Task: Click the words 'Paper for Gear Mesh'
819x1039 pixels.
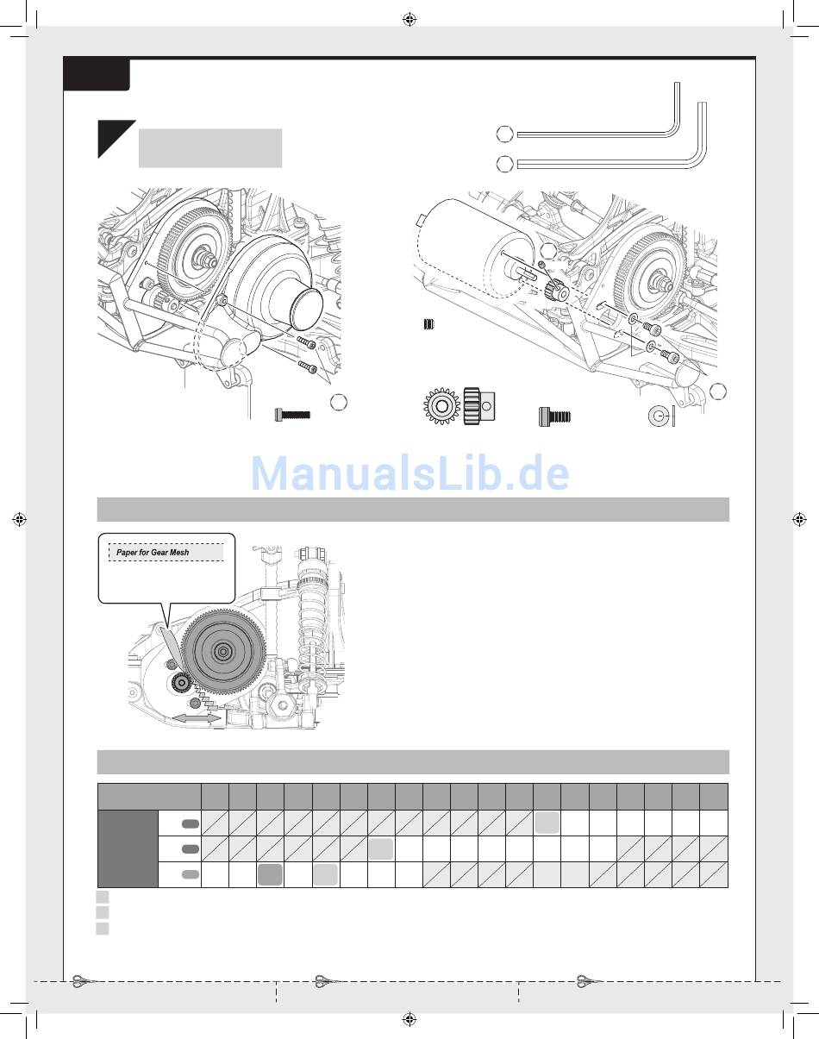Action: click(x=153, y=552)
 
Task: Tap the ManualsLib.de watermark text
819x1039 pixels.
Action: click(x=410, y=473)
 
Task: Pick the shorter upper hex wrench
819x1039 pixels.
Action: click(x=595, y=133)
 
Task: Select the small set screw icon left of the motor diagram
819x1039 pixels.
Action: click(x=428, y=324)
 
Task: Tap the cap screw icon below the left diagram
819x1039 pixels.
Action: click(x=292, y=416)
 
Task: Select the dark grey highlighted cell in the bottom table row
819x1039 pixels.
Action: click(x=270, y=874)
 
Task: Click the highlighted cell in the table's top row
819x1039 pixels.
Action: click(x=547, y=823)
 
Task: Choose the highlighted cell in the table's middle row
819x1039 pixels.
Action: click(x=381, y=848)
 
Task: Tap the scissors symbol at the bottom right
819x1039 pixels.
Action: click(x=589, y=980)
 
